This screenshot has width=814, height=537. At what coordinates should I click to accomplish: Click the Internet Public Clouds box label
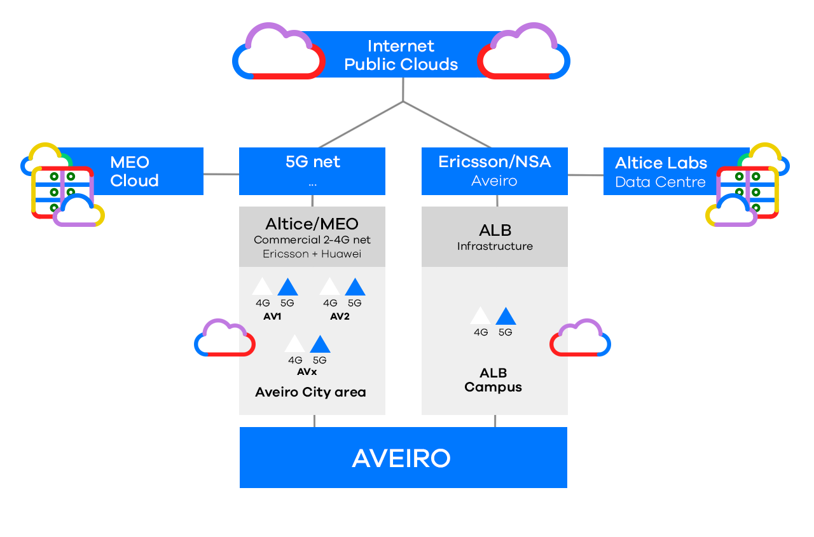click(401, 55)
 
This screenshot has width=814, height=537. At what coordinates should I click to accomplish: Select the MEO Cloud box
click(134, 172)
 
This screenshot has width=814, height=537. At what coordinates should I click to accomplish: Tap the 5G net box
click(312, 171)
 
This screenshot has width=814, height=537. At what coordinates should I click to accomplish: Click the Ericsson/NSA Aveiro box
click(494, 171)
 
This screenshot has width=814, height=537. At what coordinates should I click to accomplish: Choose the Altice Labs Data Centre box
click(661, 172)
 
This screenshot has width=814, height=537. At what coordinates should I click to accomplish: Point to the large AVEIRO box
click(403, 458)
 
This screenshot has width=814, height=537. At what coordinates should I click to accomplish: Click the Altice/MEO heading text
click(312, 224)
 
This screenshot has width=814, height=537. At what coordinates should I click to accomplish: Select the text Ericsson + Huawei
click(312, 254)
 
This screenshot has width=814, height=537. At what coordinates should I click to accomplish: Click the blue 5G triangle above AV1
click(287, 287)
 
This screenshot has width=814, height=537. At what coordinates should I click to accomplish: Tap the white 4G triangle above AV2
click(330, 287)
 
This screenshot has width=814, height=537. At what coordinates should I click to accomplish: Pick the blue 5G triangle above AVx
click(320, 344)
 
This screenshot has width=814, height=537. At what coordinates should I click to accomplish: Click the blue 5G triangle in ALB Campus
click(506, 316)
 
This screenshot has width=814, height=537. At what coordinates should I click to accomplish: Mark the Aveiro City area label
click(310, 392)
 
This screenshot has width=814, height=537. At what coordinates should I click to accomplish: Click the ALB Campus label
click(493, 380)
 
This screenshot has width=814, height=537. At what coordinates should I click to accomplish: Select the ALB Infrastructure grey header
click(494, 236)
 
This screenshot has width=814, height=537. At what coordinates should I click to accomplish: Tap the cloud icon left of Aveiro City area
click(224, 338)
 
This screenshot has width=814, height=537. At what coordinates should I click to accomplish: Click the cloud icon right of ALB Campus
click(580, 338)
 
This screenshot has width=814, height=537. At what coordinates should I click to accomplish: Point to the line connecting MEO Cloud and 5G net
click(221, 173)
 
